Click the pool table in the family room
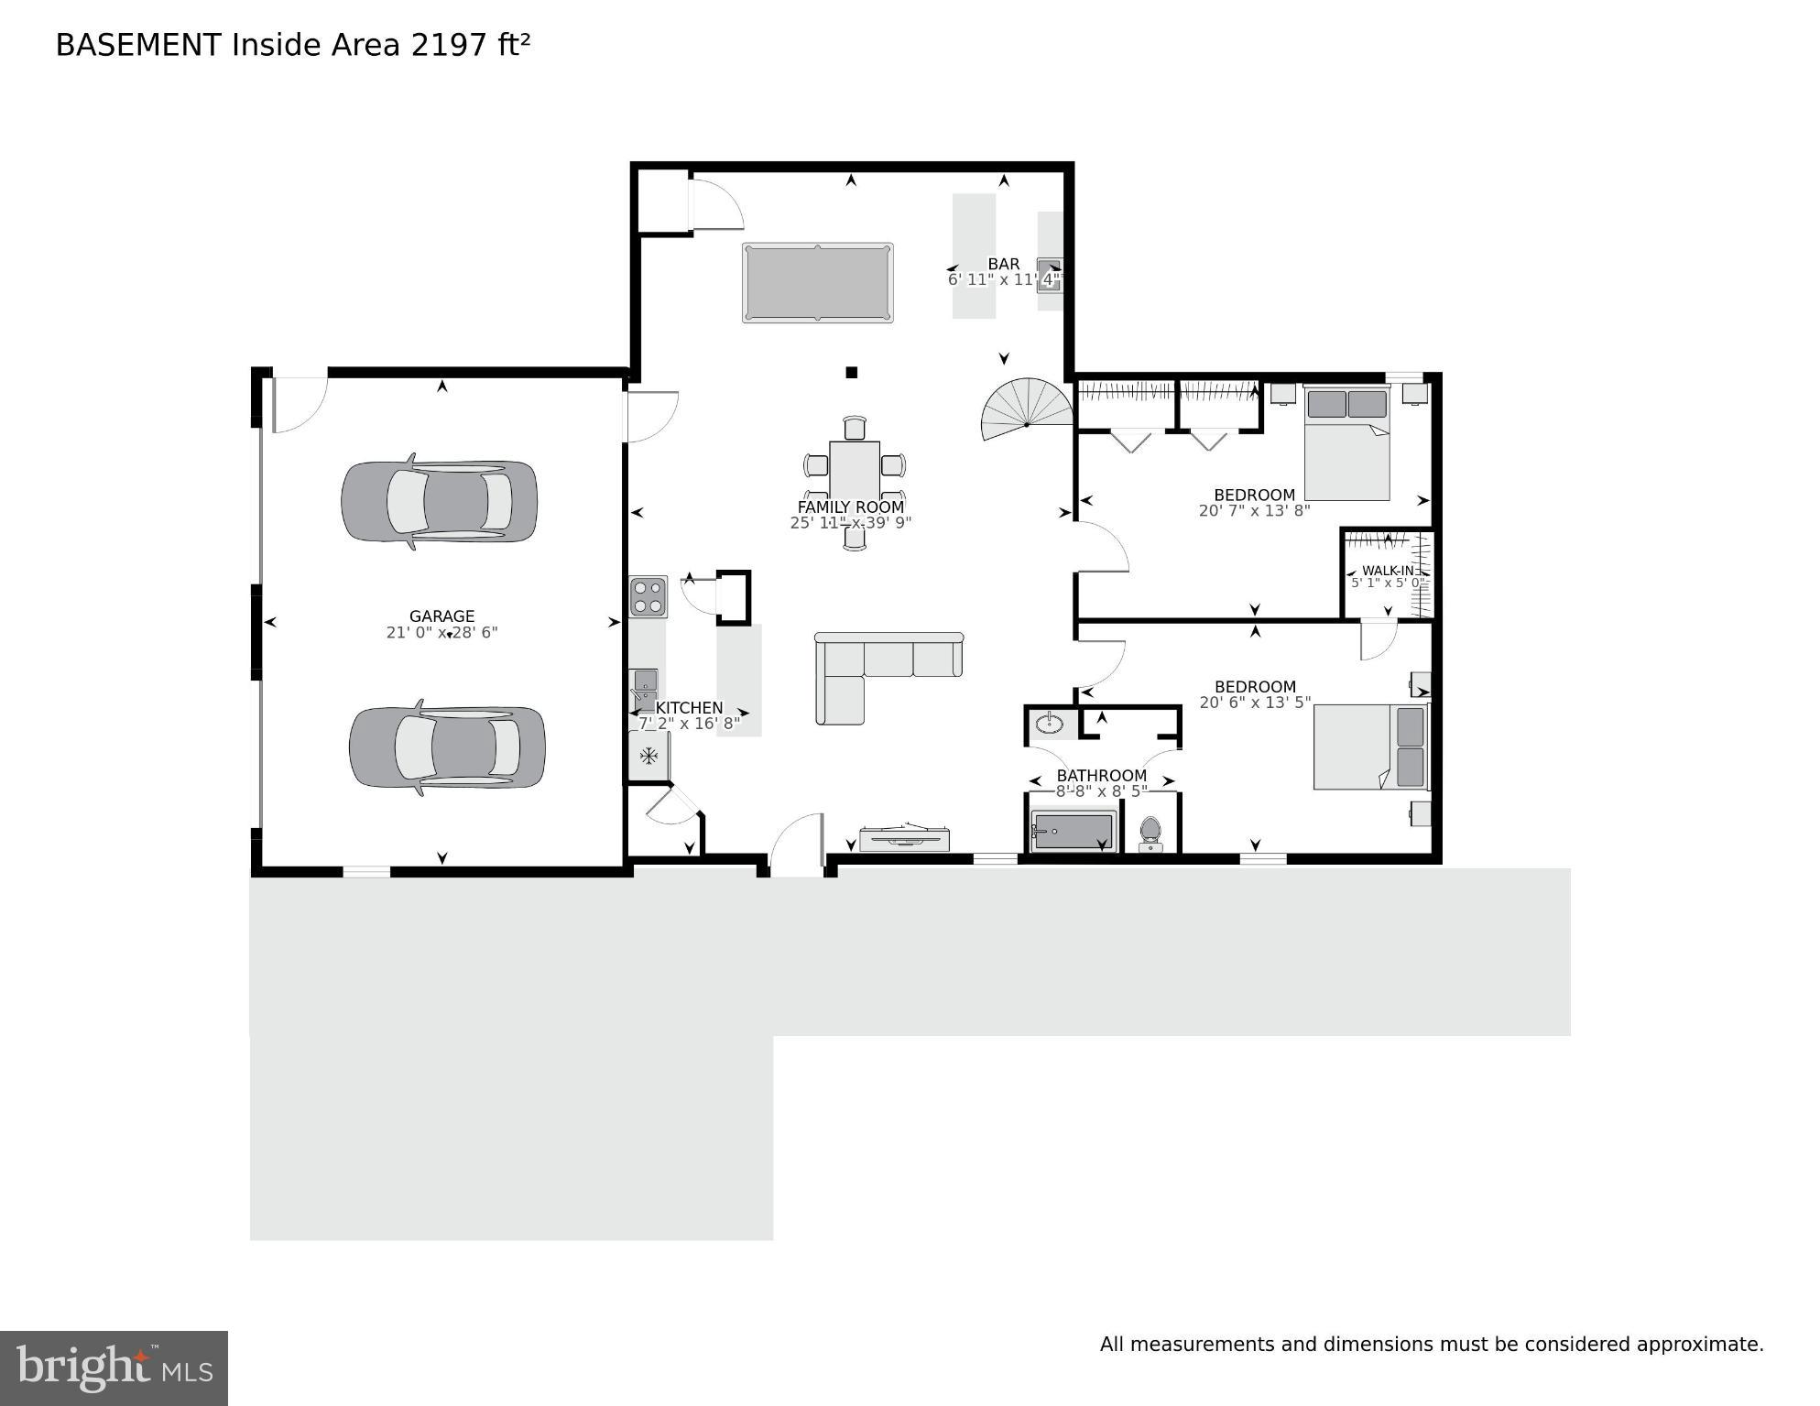817,282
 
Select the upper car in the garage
439,501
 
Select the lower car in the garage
447,747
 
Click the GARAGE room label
441,616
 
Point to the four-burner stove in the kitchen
648,596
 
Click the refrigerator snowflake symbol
648,757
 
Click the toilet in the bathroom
1150,833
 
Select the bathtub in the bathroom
1073,832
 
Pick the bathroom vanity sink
1049,725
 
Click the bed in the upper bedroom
1346,444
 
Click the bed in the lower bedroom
1371,747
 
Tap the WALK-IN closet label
1387,571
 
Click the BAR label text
1003,264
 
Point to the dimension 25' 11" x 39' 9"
850,523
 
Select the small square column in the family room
851,372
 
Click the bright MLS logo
114,1368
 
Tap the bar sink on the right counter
1049,274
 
